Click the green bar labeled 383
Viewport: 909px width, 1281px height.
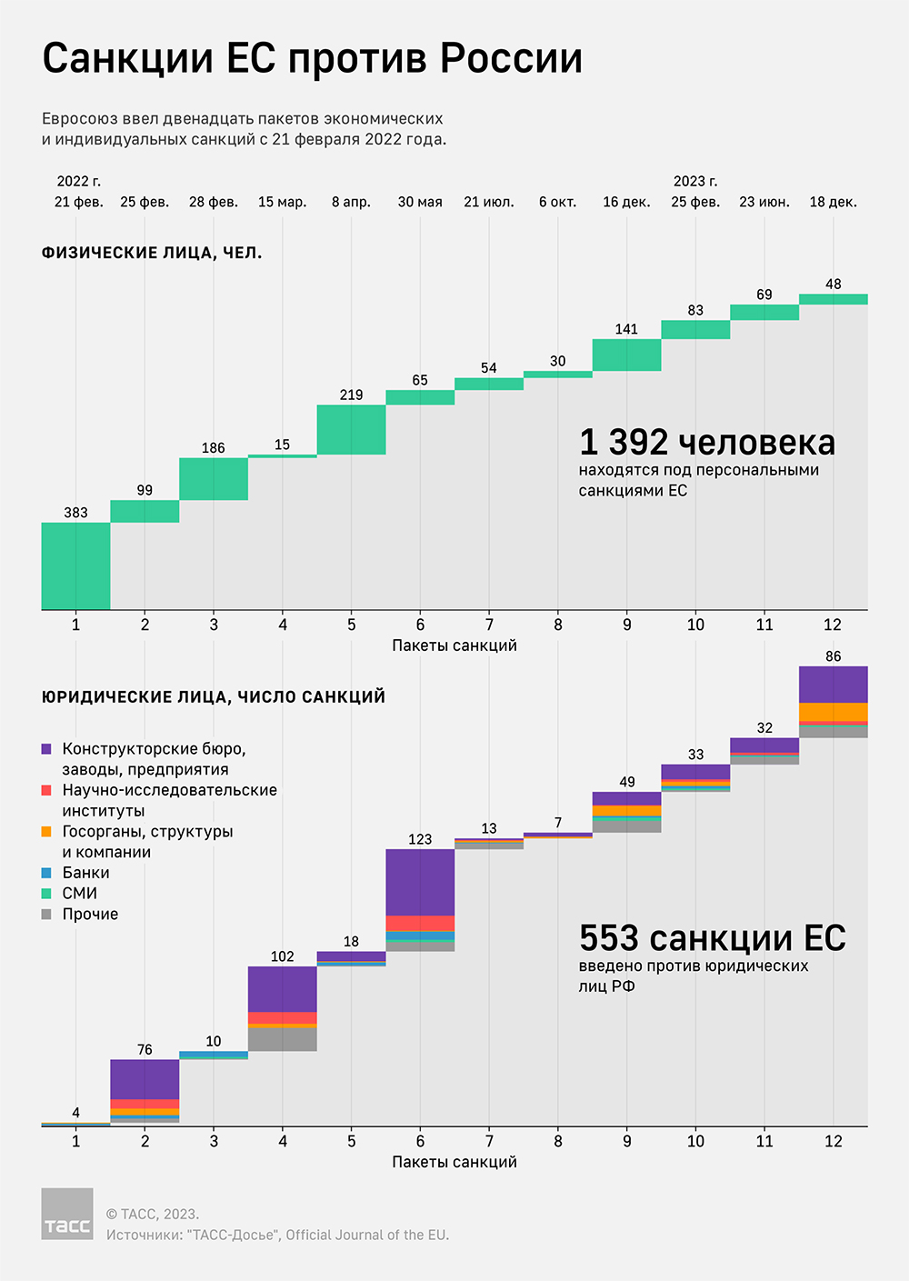[75, 565]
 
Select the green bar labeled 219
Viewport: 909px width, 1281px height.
[351, 429]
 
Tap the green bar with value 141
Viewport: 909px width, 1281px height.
[626, 355]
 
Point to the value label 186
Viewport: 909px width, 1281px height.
[214, 448]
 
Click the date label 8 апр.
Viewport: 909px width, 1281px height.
[351, 202]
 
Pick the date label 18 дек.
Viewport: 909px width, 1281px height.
[833, 202]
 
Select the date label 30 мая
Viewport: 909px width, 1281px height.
[420, 202]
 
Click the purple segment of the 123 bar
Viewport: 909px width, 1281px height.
[420, 882]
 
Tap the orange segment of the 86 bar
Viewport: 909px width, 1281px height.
[833, 712]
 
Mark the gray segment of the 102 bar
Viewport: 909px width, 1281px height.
[283, 1039]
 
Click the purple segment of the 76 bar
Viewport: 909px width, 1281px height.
[145, 1079]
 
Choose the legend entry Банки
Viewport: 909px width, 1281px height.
[85, 873]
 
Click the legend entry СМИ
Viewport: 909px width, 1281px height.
[79, 894]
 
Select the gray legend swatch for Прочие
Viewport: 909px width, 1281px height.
[46, 915]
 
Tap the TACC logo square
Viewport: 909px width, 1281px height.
[67, 1214]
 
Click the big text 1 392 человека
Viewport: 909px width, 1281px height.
[706, 443]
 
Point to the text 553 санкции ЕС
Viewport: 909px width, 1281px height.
[712, 938]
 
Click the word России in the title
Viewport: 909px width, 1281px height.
[512, 59]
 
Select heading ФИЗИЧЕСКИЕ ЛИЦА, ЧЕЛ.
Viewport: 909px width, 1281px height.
[152, 254]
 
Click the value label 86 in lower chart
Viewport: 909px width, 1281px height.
[833, 656]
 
